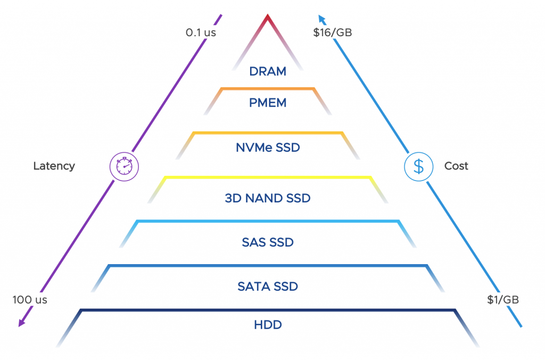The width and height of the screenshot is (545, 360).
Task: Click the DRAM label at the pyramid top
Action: coord(268,71)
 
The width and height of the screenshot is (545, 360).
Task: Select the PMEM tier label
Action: coord(268,103)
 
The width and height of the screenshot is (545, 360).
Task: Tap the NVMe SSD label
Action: coord(268,148)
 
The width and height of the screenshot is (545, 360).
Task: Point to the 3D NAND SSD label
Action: coord(268,199)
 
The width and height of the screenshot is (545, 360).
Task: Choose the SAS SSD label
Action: coord(268,242)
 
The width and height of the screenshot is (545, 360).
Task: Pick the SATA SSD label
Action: coord(268,287)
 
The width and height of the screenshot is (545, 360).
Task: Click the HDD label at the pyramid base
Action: coord(268,324)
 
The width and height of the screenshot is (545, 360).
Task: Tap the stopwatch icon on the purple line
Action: coord(124,166)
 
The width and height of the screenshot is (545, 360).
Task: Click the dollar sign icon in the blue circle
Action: coord(419,166)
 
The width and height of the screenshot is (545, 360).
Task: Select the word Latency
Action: coord(54,166)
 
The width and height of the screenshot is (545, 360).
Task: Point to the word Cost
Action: coord(456,166)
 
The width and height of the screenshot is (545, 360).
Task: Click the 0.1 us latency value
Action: coord(201,32)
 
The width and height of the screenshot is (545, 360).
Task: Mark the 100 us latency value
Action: coord(30,300)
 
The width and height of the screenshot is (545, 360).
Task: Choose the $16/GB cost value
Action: coord(333,32)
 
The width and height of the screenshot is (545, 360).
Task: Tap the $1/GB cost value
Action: coord(503,300)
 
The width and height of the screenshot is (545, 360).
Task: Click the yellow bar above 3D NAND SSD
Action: coord(268,177)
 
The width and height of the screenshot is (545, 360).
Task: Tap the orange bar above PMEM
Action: coord(268,89)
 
